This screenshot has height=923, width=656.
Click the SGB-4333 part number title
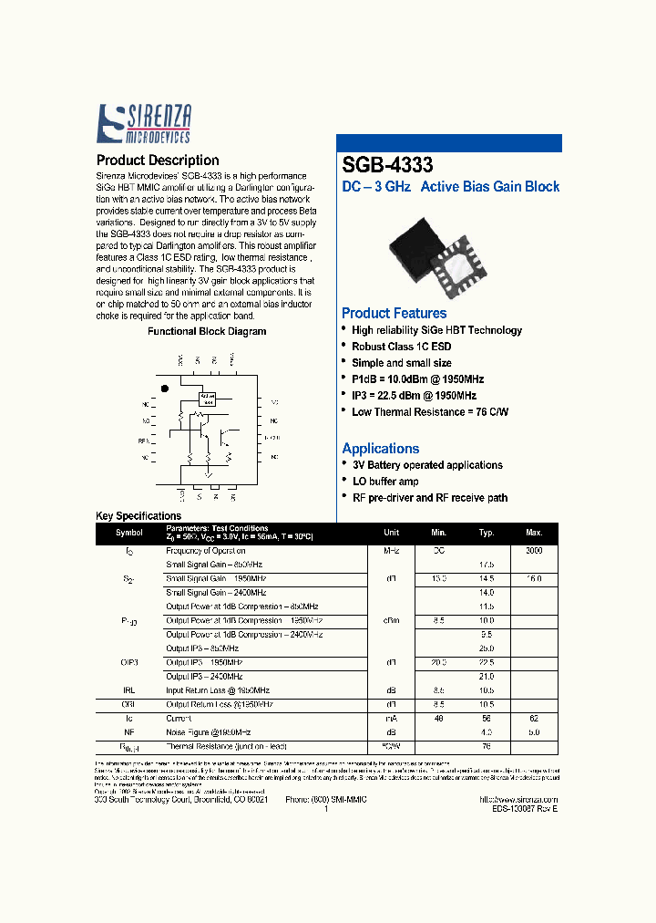[387, 165]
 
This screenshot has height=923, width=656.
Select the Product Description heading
[157, 161]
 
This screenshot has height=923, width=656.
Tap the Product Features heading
[394, 313]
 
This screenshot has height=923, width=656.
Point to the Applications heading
[380, 448]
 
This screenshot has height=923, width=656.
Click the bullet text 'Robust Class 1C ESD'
[401, 347]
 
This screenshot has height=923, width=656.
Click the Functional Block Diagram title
[207, 332]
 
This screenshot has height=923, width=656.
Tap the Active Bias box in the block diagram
[207, 399]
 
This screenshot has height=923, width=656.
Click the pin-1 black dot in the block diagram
[165, 389]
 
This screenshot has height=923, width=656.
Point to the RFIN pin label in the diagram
[143, 441]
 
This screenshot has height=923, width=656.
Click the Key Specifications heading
[138, 516]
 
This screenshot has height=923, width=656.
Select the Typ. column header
[487, 533]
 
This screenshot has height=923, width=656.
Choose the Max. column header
[534, 533]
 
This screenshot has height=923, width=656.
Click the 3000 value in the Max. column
[534, 551]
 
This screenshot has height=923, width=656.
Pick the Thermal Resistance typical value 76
[487, 745]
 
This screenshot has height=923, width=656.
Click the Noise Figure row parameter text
[208, 732]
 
